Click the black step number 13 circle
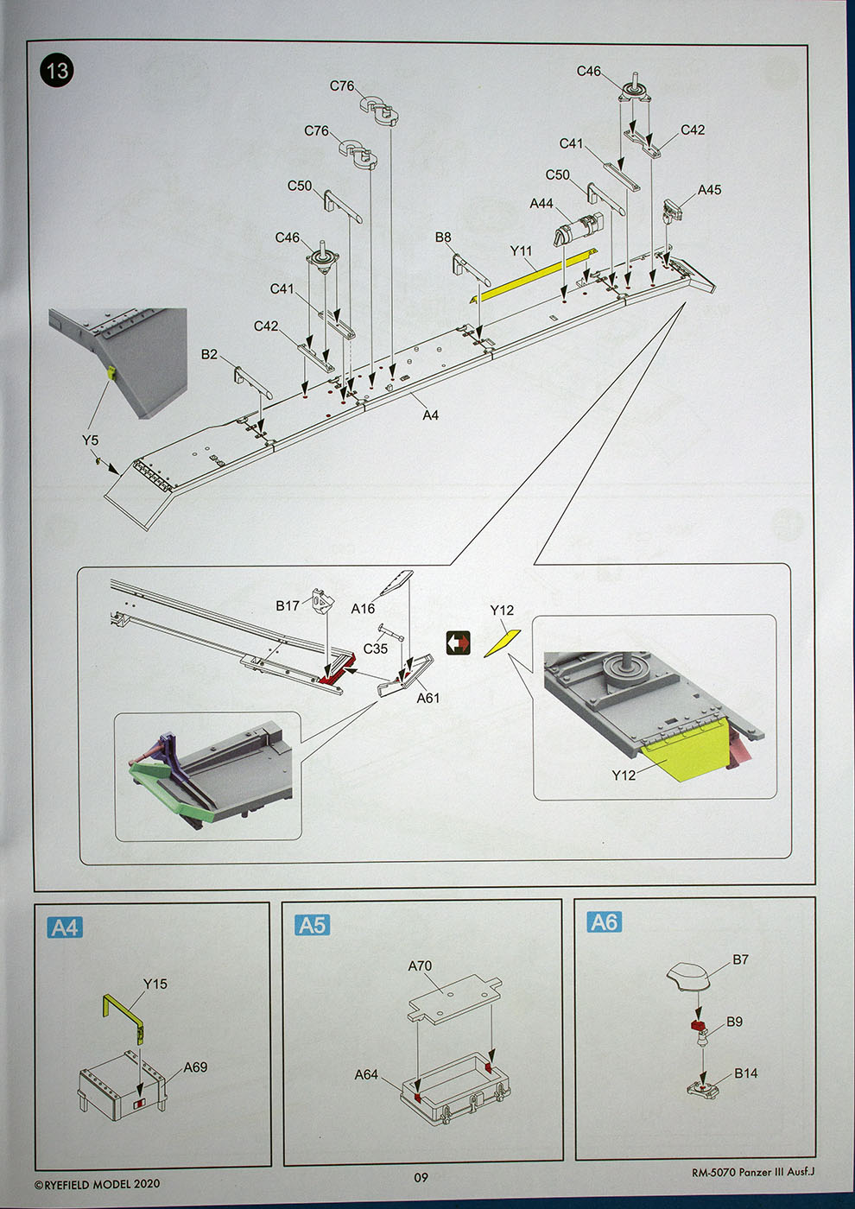57,70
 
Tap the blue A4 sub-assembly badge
65,927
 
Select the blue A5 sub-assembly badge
312,925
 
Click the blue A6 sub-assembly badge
604,922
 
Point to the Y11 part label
521,250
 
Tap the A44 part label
541,203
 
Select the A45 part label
709,190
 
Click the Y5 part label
90,440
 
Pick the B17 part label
288,605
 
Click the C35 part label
376,649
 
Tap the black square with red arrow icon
459,642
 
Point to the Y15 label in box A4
155,984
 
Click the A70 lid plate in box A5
453,997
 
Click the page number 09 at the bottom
421,1177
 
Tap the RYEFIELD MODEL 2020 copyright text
97,1184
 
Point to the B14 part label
746,1073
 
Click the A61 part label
428,698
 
